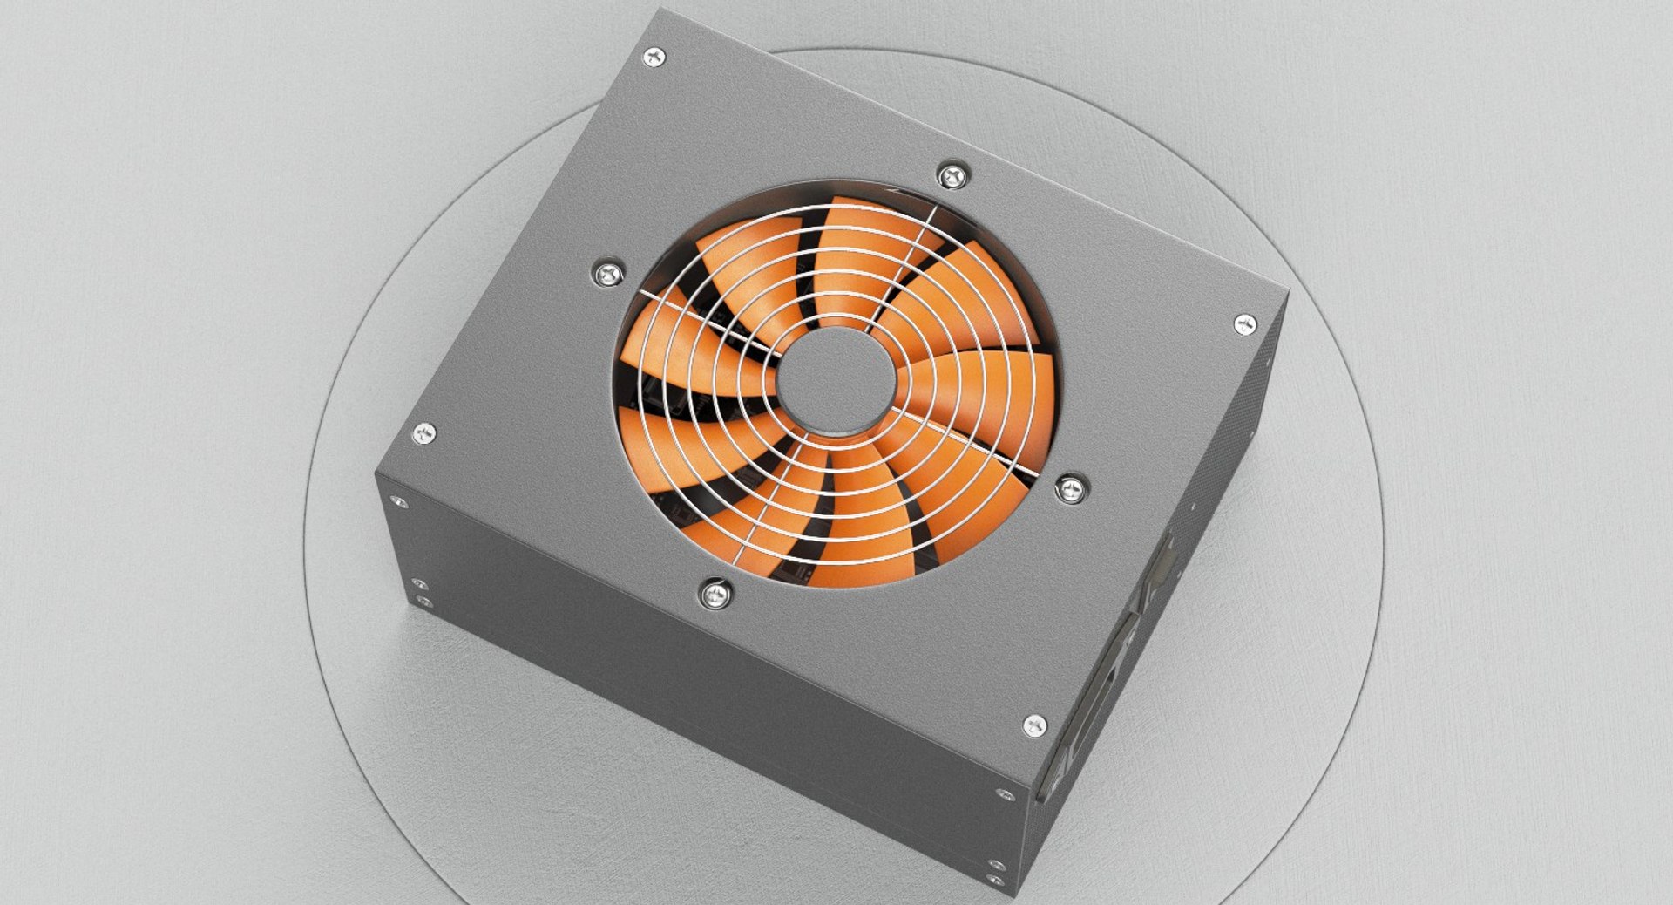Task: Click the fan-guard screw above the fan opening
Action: [952, 177]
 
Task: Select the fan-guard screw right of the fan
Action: [1071, 487]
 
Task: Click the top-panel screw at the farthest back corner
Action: [655, 58]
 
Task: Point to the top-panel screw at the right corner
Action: [1246, 325]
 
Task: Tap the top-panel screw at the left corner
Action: [424, 432]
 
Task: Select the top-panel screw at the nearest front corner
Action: [1034, 725]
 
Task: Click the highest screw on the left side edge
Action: [398, 503]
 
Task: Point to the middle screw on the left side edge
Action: [418, 584]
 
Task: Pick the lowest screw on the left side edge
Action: [423, 602]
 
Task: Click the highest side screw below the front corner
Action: [1001, 795]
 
